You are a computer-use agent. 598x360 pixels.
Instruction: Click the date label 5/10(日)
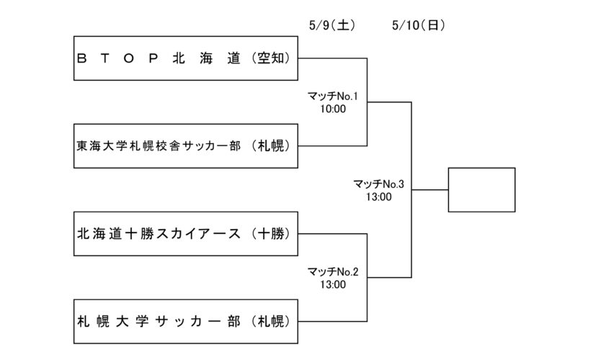pyautogui.click(x=419, y=25)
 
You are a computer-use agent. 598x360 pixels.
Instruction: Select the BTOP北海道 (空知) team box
pyautogui.click(x=186, y=58)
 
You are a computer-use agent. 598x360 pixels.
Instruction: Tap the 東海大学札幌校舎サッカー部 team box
pyautogui.click(x=186, y=145)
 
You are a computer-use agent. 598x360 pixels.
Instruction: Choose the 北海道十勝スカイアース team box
pyautogui.click(x=186, y=233)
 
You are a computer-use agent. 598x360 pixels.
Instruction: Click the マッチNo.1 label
pyautogui.click(x=332, y=96)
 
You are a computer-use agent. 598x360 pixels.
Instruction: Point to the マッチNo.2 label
pyautogui.click(x=332, y=271)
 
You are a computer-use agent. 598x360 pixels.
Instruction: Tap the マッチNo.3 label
pyautogui.click(x=379, y=184)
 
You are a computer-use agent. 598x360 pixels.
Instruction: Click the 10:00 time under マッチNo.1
pyautogui.click(x=332, y=109)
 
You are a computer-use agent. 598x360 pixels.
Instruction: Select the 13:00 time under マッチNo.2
pyautogui.click(x=332, y=284)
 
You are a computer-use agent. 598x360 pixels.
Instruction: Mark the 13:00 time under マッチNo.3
pyautogui.click(x=379, y=197)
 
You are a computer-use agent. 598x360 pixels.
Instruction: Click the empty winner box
pyautogui.click(x=481, y=190)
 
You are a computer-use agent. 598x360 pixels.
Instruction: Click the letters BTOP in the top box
pyautogui.click(x=115, y=58)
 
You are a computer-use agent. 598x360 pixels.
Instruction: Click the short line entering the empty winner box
pyautogui.click(x=429, y=190)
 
